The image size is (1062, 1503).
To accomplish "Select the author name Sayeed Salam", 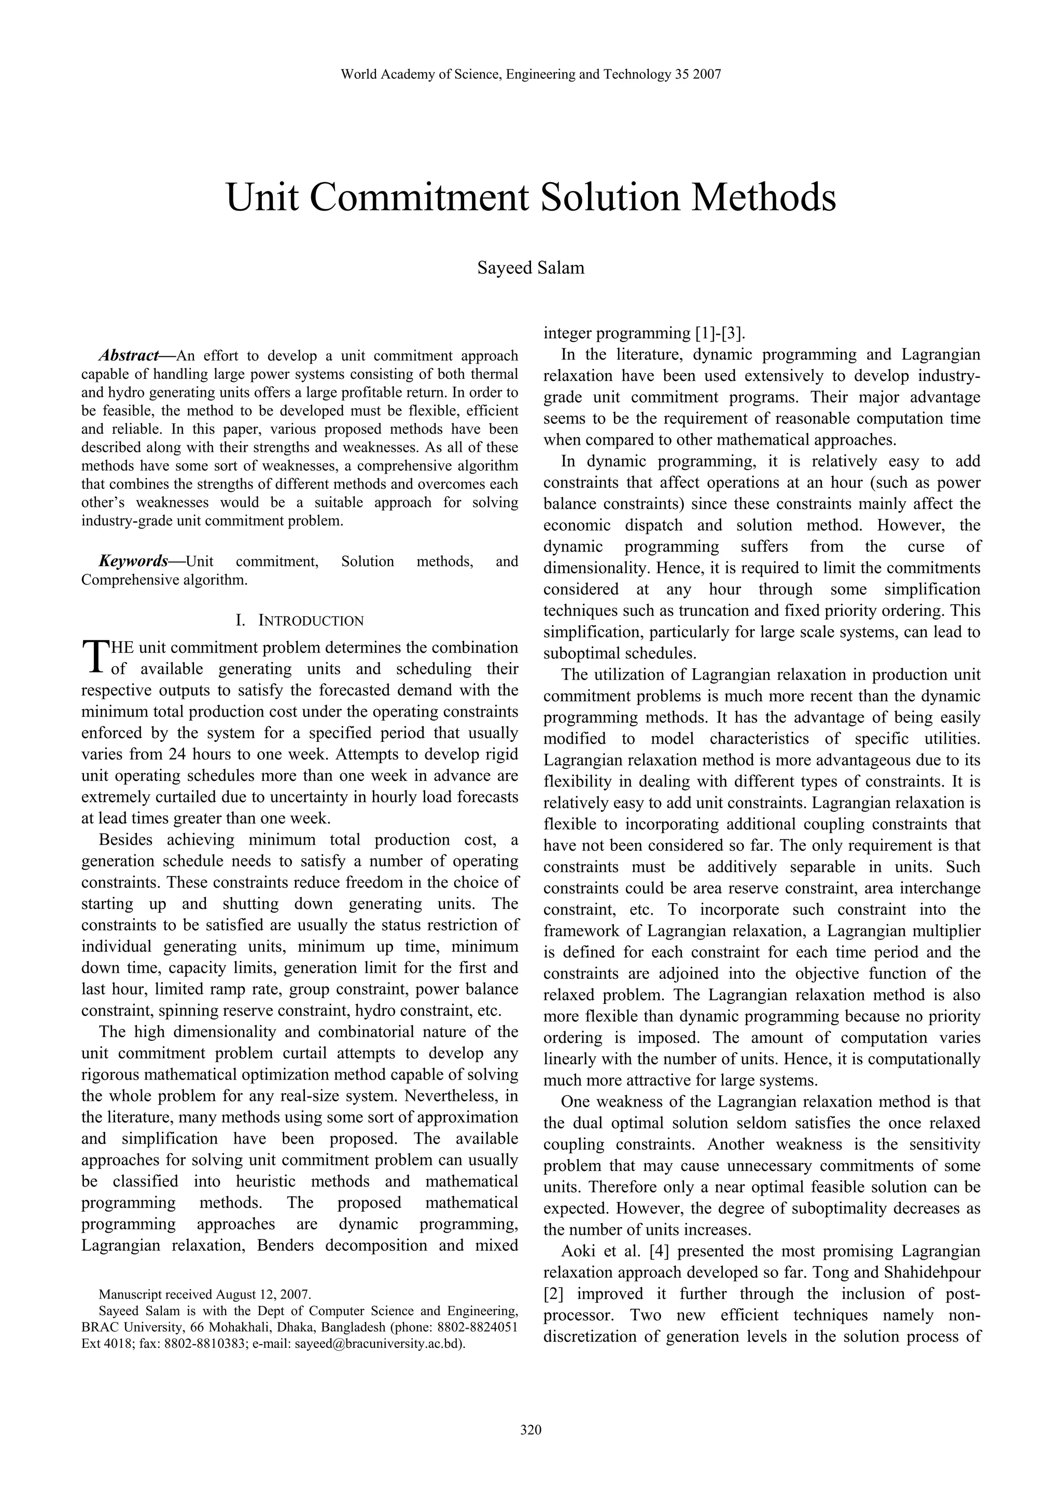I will click(x=530, y=268).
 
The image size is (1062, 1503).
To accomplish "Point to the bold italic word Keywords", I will click(x=133, y=561).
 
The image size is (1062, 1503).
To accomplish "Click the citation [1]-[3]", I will click(x=719, y=333).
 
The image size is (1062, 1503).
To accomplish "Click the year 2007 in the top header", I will click(x=707, y=75).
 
